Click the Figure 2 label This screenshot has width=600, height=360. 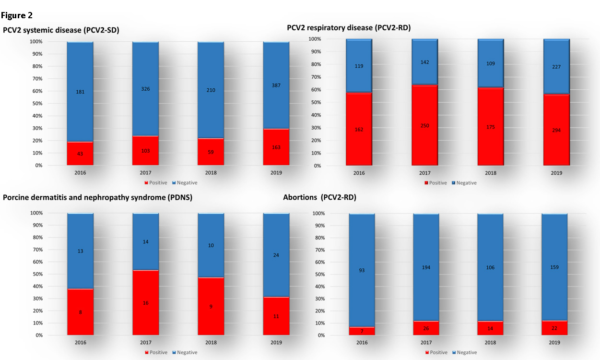(x=16, y=15)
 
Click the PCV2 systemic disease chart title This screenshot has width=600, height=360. (x=61, y=30)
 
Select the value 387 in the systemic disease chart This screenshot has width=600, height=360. (x=276, y=85)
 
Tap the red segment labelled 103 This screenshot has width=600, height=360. (x=145, y=151)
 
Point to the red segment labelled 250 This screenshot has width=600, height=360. (x=424, y=126)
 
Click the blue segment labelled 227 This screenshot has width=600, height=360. (x=556, y=67)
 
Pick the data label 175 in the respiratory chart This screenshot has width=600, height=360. (x=490, y=127)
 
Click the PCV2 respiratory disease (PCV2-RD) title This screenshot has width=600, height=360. (x=349, y=28)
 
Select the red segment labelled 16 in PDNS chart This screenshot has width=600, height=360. (x=145, y=303)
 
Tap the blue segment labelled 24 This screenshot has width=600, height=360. (x=276, y=255)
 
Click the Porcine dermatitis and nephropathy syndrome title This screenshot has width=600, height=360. (x=97, y=198)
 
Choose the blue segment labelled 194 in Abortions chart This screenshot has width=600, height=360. (x=425, y=267)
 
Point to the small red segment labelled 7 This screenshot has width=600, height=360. (x=362, y=331)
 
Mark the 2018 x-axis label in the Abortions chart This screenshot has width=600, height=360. (x=490, y=343)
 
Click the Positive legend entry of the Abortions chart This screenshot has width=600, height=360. (x=436, y=352)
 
